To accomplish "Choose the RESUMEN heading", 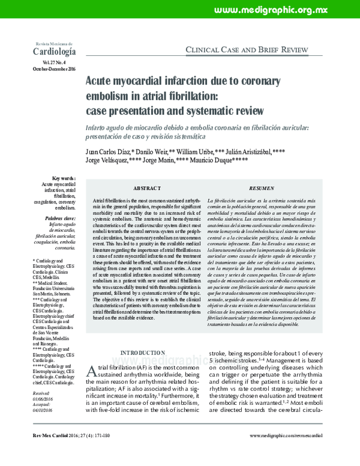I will pos(262,188).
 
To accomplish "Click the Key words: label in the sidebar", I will pos(64,179).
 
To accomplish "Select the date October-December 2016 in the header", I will pos(53,69).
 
